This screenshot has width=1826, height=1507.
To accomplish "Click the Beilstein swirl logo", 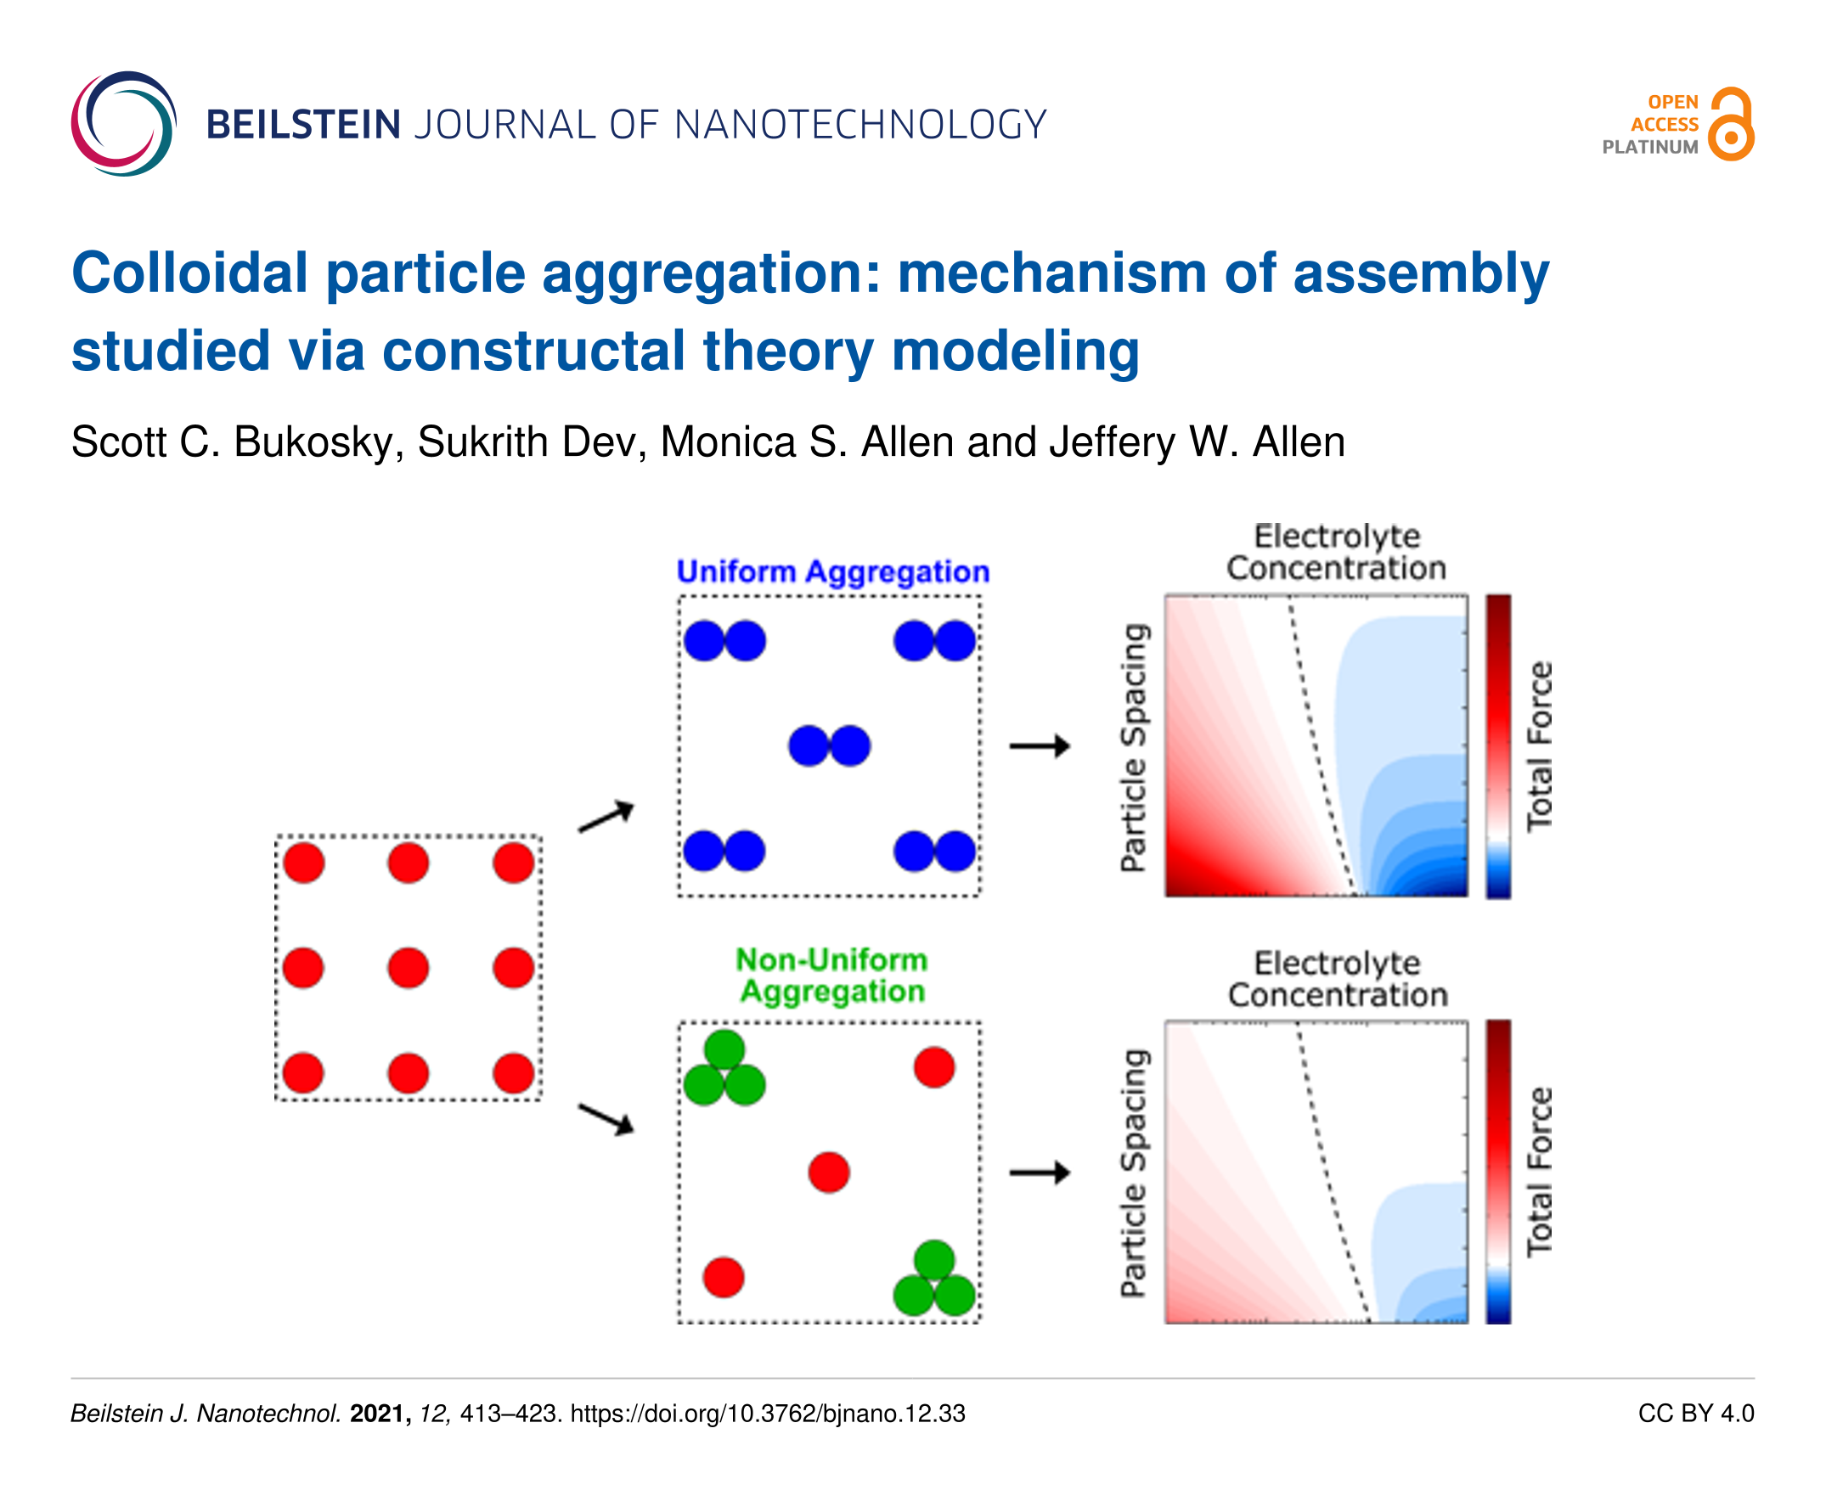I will [x=123, y=123].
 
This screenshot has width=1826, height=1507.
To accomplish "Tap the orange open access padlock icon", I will [x=1731, y=124].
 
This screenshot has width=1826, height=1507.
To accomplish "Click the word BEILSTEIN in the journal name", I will [x=303, y=125].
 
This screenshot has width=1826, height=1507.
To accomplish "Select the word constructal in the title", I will [x=533, y=351].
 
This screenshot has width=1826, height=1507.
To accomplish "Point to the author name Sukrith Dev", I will [x=532, y=441].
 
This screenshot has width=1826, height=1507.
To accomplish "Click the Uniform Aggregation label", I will [x=831, y=571].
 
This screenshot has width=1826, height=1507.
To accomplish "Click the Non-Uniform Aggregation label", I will [x=831, y=975].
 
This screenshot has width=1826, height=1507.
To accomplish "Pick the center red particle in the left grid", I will [x=409, y=968].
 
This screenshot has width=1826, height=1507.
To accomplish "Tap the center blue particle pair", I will [x=829, y=745].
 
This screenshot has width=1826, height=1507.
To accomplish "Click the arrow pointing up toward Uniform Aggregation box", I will [x=606, y=816].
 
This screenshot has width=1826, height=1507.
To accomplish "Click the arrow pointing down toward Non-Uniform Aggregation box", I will [x=606, y=1118].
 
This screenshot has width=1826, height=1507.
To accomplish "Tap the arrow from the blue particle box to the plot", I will [x=1040, y=745].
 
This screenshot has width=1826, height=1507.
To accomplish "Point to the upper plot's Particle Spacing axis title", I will [x=1134, y=746].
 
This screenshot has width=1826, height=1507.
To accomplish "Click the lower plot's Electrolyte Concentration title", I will [x=1336, y=978].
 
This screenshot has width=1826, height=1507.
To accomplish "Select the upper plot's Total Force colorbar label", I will [x=1539, y=746].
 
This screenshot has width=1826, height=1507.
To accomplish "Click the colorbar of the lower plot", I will [x=1498, y=1172].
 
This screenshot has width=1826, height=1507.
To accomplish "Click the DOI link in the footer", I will [x=768, y=1414].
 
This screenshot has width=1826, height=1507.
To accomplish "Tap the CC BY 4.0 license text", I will [x=1695, y=1414].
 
